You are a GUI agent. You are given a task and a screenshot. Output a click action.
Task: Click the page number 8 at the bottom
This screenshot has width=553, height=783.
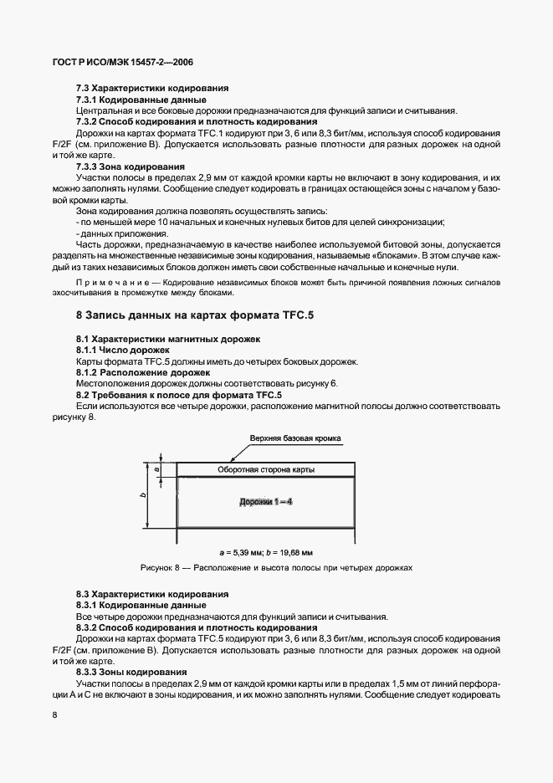click(54, 714)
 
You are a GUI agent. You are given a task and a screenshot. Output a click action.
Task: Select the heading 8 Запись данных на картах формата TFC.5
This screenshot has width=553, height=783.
click(194, 315)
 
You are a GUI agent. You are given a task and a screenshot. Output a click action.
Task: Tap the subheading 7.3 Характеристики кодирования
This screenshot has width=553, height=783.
click(152, 89)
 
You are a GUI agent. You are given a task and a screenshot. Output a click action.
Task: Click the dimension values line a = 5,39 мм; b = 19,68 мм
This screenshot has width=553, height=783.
click(265, 553)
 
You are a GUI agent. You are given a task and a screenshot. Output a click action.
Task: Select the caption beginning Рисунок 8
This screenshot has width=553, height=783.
click(277, 568)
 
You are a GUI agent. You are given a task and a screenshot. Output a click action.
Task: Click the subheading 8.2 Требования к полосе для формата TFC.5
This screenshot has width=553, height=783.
click(178, 394)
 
